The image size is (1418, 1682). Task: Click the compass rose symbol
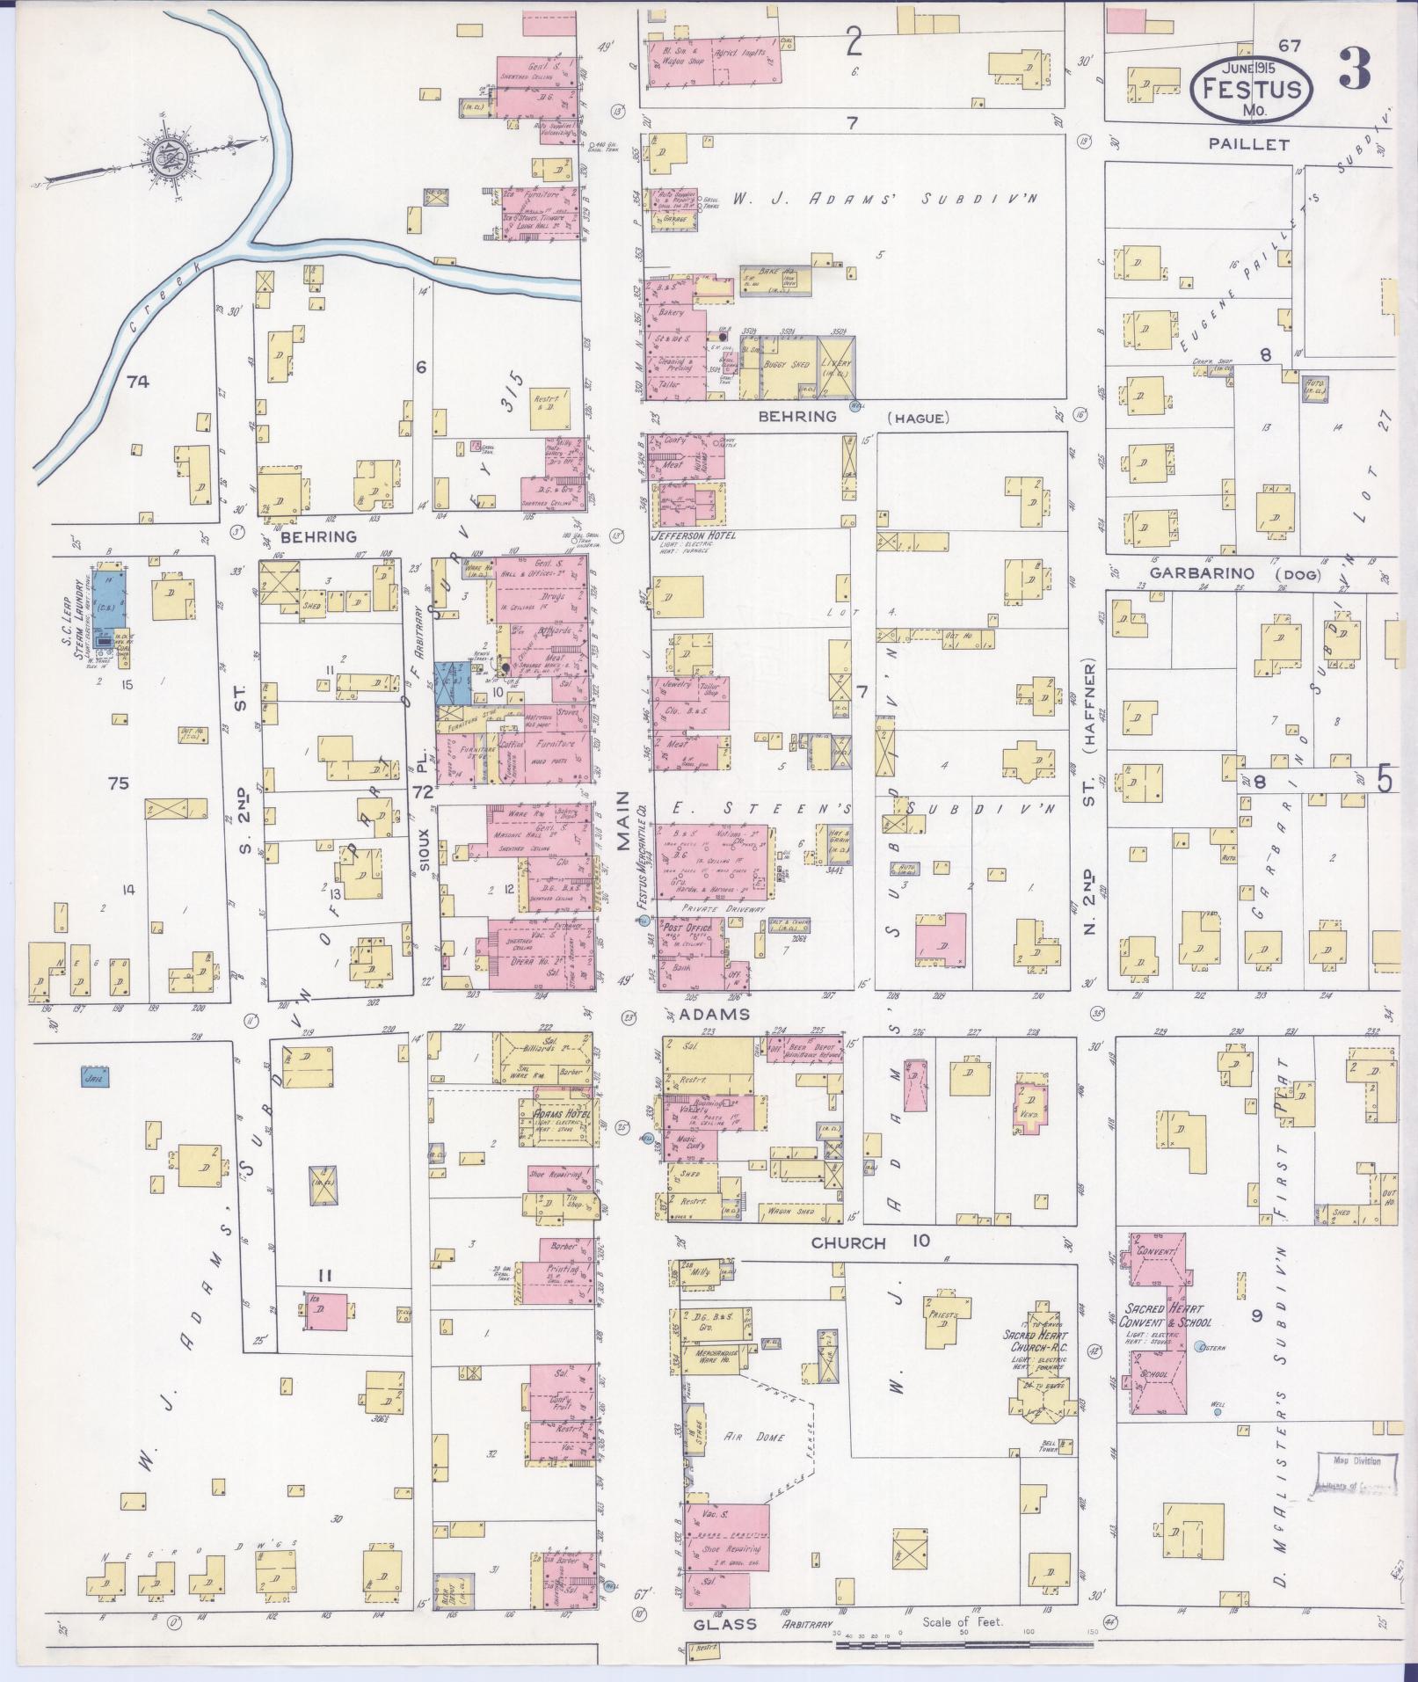coord(164,158)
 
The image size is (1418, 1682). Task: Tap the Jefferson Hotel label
coord(692,535)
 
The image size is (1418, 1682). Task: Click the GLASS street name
coord(725,1624)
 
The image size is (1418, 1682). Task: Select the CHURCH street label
coord(847,1243)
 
